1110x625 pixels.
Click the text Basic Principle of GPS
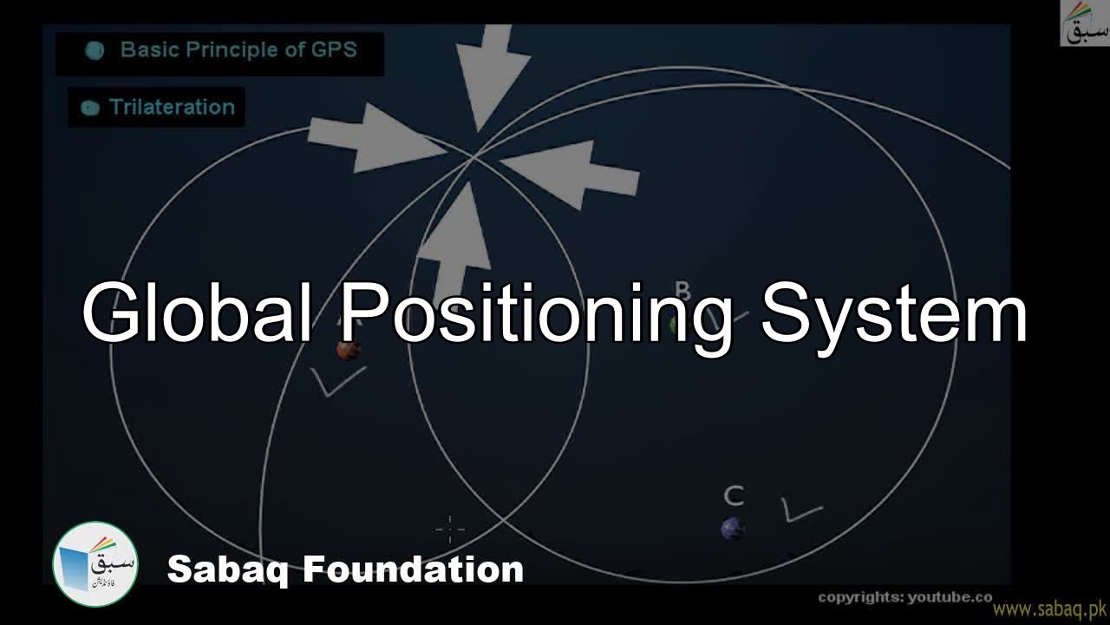(x=238, y=49)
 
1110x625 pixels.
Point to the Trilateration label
(x=172, y=108)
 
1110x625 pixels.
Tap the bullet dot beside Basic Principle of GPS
(x=95, y=50)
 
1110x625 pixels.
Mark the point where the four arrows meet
(x=473, y=158)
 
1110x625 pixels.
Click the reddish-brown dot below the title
(x=349, y=350)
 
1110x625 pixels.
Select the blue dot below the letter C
(x=733, y=528)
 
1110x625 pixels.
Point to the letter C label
(x=734, y=497)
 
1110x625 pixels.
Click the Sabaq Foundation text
(x=345, y=569)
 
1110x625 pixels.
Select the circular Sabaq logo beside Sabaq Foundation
(x=95, y=564)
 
